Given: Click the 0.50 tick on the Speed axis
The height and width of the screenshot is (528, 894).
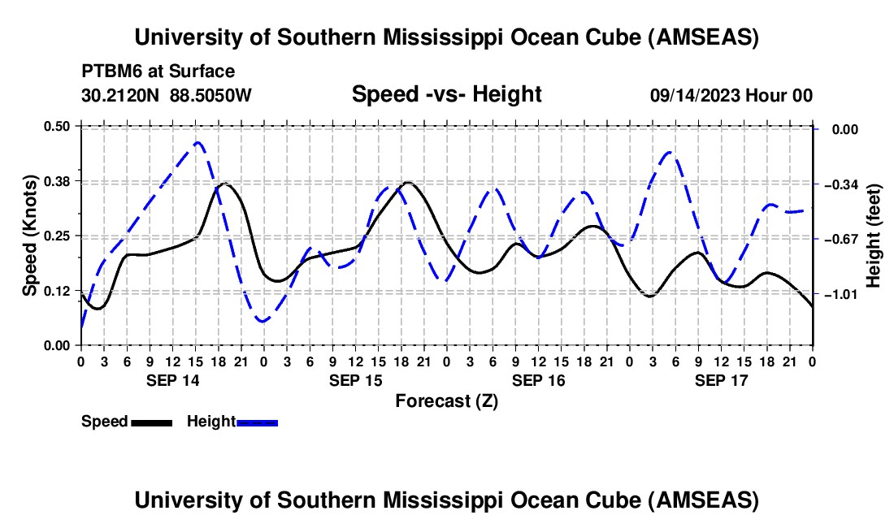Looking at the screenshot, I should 59,126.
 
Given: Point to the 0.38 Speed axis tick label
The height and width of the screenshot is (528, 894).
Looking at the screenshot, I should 59,180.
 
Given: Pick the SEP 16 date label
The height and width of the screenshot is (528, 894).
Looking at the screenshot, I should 538,379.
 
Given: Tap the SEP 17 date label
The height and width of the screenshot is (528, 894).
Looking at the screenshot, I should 721,379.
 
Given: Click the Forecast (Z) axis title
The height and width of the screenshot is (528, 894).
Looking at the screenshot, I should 446,400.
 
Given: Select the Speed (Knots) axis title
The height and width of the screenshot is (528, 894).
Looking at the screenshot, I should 29,236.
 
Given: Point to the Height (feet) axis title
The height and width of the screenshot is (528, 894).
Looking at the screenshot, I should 874,236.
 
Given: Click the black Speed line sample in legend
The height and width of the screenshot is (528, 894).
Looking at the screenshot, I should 151,422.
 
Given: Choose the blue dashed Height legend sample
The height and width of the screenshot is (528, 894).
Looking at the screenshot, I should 257,422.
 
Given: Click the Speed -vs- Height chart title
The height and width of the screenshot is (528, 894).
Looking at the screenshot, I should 446,94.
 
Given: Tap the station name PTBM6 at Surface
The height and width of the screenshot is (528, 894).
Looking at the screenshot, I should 158,71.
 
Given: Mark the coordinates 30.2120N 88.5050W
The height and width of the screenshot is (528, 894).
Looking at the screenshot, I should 167,95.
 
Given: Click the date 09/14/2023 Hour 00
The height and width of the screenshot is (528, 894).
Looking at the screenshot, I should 731,95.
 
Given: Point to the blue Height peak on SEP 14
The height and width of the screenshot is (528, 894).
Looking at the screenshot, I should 197,142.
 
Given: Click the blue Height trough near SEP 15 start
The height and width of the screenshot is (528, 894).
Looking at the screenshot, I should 263,322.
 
